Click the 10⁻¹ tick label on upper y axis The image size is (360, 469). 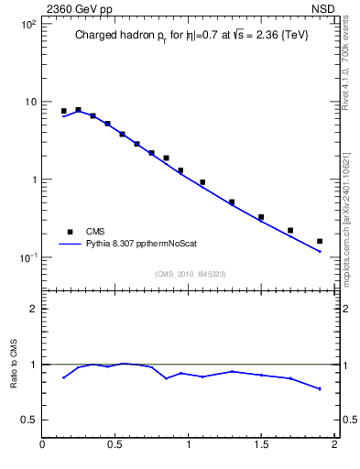click(27, 257)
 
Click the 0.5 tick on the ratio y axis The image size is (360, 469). click(28, 420)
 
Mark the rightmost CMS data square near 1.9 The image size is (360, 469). click(320, 241)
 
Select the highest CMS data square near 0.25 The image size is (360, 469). click(79, 110)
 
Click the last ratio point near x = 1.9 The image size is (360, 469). click(320, 388)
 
